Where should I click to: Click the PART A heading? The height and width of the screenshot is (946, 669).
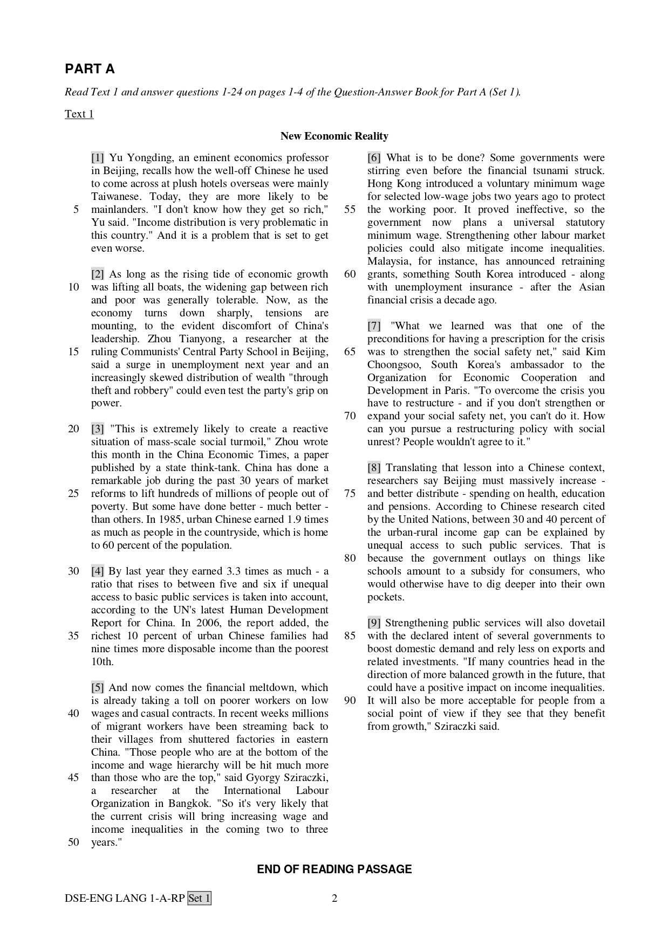90,69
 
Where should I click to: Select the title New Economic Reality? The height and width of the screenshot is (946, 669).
334,136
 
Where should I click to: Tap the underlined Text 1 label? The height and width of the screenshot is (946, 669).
79,114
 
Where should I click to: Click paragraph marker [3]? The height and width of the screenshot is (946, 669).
98,429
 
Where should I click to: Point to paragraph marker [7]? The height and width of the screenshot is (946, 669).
374,326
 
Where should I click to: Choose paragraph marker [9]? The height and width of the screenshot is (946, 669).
374,623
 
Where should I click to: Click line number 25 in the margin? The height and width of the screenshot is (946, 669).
74,494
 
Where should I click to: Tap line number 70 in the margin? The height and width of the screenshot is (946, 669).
350,416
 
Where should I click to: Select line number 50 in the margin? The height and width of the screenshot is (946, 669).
74,843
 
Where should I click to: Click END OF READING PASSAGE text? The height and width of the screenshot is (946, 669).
334,869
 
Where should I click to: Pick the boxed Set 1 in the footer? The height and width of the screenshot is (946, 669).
199,899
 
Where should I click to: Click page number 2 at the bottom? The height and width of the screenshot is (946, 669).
334,899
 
